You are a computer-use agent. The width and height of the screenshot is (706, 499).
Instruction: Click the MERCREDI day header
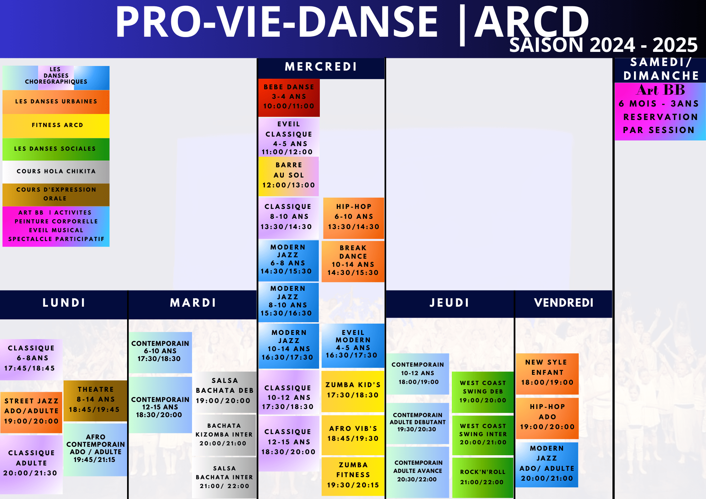[321, 67]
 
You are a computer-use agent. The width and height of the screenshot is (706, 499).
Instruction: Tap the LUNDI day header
[64, 303]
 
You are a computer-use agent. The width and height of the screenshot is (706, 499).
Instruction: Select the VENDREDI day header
[564, 303]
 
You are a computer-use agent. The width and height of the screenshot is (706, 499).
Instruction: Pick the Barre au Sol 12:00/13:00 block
[289, 175]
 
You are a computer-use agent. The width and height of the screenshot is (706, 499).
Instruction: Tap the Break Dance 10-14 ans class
[353, 260]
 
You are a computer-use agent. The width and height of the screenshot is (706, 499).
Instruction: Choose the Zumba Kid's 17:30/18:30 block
[353, 390]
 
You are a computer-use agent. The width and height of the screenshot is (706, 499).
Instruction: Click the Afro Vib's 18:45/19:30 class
[353, 434]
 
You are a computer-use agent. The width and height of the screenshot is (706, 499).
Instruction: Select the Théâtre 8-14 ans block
[95, 400]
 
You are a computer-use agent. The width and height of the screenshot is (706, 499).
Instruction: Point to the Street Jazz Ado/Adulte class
[31, 411]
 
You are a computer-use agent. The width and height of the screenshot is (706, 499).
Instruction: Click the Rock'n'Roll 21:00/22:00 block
[483, 477]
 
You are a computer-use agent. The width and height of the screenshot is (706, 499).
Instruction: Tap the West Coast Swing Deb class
[483, 392]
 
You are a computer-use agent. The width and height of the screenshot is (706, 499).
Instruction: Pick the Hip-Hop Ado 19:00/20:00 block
[547, 417]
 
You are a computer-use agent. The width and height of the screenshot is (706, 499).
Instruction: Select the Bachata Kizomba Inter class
[224, 435]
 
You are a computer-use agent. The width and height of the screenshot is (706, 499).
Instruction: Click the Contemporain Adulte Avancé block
[418, 471]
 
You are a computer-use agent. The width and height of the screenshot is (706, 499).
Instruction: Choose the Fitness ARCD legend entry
[56, 125]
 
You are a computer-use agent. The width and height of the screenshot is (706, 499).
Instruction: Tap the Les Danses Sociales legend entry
[56, 149]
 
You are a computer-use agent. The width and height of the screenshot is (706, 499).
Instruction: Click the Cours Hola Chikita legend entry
[56, 172]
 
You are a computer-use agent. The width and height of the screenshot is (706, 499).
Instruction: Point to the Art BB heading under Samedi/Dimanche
[660, 90]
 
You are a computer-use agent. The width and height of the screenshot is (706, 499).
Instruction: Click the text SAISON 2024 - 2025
[603, 45]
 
